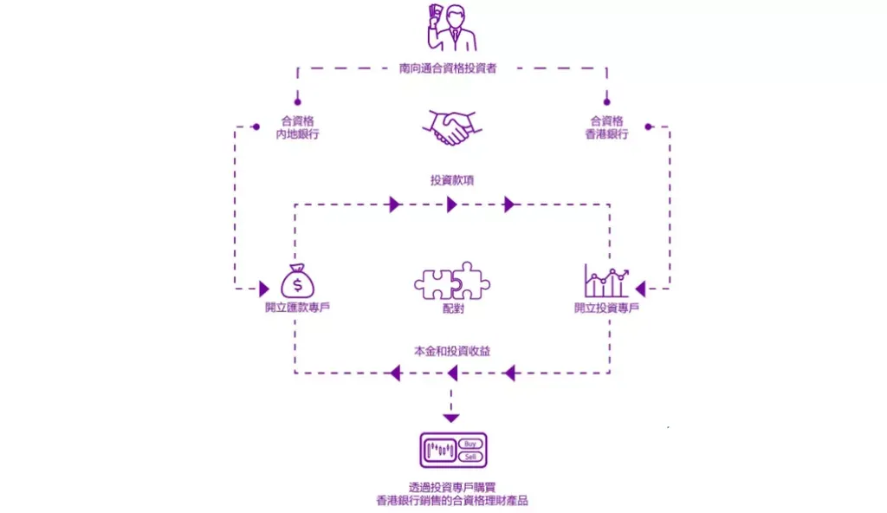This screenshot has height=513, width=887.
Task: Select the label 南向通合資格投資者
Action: (448, 68)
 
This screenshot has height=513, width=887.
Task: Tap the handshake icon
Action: (452, 128)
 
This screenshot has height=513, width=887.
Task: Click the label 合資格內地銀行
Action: (298, 127)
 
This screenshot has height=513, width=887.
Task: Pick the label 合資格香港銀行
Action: (606, 127)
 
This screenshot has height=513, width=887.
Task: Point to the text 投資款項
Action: (452, 180)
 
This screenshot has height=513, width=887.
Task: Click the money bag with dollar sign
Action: (298, 281)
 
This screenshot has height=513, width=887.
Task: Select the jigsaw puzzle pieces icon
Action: (452, 281)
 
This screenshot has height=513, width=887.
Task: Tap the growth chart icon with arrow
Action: (606, 281)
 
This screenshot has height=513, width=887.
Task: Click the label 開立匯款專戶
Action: (298, 308)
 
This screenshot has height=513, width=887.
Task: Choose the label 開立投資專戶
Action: (606, 308)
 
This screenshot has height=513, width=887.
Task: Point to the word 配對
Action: (453, 308)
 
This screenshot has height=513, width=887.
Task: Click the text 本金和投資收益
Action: (452, 351)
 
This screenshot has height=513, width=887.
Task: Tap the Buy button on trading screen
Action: (470, 444)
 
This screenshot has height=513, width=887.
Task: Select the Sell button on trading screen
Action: (470, 457)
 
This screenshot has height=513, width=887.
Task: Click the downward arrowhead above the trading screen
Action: (450, 419)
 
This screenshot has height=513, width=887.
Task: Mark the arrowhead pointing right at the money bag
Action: (264, 289)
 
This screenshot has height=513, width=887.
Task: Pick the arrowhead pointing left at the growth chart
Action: (640, 289)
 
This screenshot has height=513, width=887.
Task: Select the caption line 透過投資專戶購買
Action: (452, 487)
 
